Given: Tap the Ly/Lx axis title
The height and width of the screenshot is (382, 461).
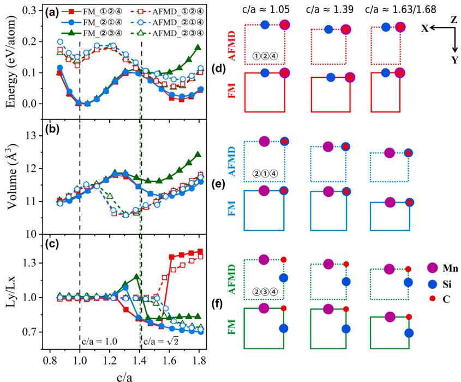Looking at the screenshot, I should [x=10, y=297].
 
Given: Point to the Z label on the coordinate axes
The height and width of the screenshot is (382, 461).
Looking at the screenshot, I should [x=454, y=19].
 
